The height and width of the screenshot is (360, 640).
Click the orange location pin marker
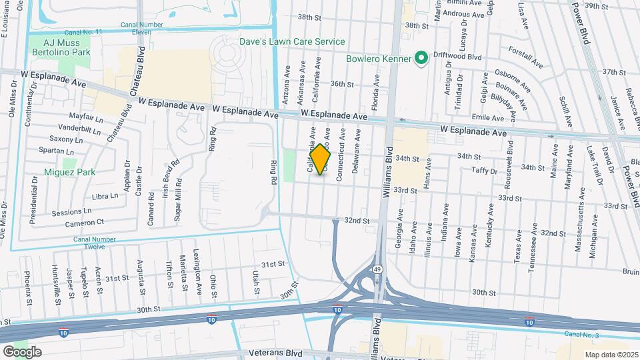(x=321, y=159)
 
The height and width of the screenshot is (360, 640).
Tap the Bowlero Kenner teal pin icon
(x=421, y=59)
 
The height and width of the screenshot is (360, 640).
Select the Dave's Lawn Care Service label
(x=293, y=41)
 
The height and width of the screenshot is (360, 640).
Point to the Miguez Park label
(x=69, y=172)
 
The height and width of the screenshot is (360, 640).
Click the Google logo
(x=22, y=351)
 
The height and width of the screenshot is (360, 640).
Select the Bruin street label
(x=631, y=271)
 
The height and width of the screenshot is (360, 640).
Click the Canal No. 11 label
(x=84, y=32)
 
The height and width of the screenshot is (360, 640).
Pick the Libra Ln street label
(x=105, y=196)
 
